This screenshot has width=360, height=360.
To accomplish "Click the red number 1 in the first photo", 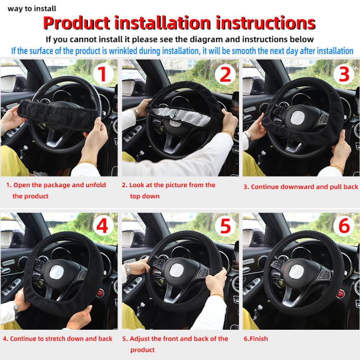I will [x=102, y=74].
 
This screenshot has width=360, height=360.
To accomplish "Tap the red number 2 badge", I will [x=225, y=74].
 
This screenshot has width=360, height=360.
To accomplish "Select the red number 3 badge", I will [x=344, y=74].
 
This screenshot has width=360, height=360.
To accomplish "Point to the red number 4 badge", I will [x=102, y=226].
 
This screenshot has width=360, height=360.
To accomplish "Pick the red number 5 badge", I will [x=225, y=226].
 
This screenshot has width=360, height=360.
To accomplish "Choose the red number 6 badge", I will [x=344, y=226].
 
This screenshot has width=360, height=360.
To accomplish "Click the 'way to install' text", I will [x=32, y=8].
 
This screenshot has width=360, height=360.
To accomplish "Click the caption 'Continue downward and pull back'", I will [x=300, y=186].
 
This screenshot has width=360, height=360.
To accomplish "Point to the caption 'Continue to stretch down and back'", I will [x=58, y=338].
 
